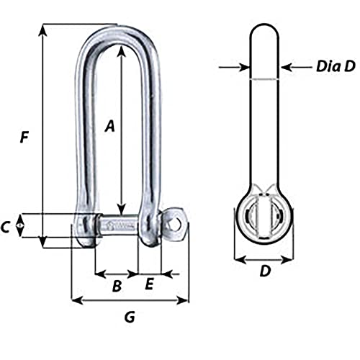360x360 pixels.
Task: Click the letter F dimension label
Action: tap(24, 135)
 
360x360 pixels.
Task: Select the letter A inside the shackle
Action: tap(110, 126)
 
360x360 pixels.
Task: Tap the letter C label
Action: tap(5, 228)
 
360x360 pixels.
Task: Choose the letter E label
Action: tap(149, 284)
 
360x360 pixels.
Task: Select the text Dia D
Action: tap(335, 67)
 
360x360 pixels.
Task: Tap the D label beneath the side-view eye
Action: tap(264, 272)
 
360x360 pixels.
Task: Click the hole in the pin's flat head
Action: tap(175, 224)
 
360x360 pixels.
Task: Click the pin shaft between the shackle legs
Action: tap(116, 225)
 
